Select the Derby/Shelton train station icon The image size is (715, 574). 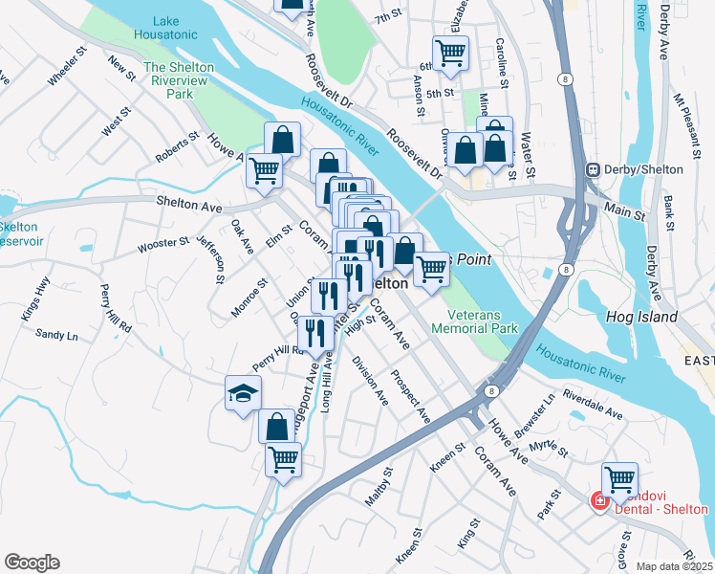pos(593,169)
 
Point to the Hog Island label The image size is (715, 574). pos(641,317)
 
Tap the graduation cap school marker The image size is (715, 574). pos(243,392)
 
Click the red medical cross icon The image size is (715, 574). pos(599,500)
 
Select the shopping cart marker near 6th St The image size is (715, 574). pos(450,53)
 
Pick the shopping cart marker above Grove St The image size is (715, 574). pos(619,478)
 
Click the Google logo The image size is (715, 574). pos(32,563)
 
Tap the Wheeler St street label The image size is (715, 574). pos(67,85)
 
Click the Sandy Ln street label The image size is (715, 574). pos(56,335)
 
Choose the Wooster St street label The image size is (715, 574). pos(163,244)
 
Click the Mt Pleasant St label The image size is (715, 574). pos(686,121)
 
